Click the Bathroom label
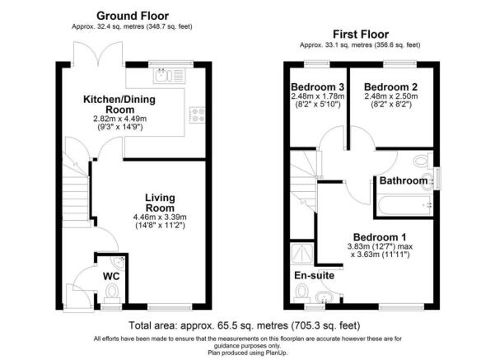[x=403, y=180]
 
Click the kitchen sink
[x=170, y=77]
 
